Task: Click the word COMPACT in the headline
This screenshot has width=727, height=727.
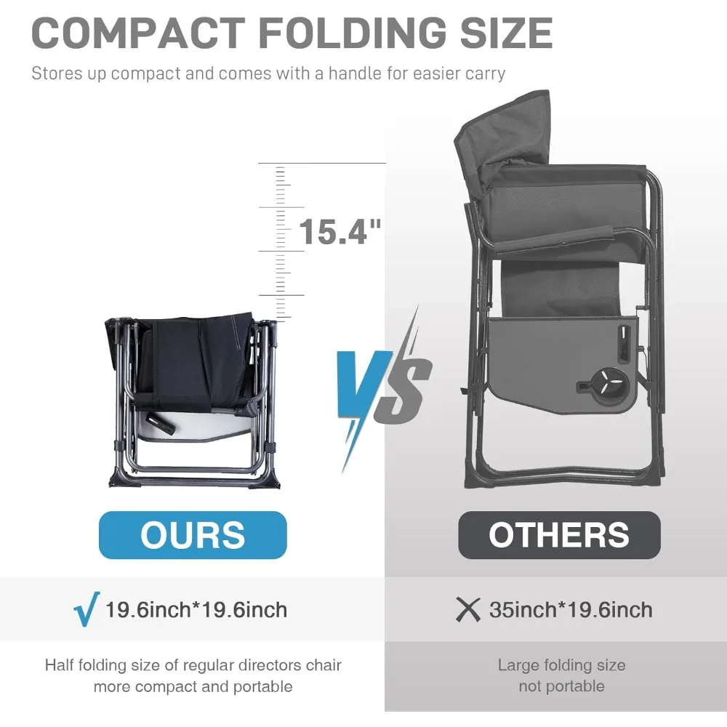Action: pos(138,33)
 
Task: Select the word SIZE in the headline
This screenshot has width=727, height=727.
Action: pos(506,33)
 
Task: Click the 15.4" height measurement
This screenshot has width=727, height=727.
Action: pos(340,231)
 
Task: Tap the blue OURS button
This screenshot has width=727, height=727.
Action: pos(193,535)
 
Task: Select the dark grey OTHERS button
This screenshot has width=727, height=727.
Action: pos(559,535)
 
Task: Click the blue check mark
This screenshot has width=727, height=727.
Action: pos(87,608)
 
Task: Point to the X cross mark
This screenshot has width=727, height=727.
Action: pos(467,609)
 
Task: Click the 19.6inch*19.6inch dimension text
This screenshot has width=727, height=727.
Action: pos(196,610)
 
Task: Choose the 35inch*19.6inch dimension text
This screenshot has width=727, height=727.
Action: pos(571,610)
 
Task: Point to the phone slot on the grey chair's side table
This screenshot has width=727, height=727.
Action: pos(624,344)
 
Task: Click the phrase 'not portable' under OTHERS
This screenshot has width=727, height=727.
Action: pos(561,686)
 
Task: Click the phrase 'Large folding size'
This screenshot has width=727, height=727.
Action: pos(561,665)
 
